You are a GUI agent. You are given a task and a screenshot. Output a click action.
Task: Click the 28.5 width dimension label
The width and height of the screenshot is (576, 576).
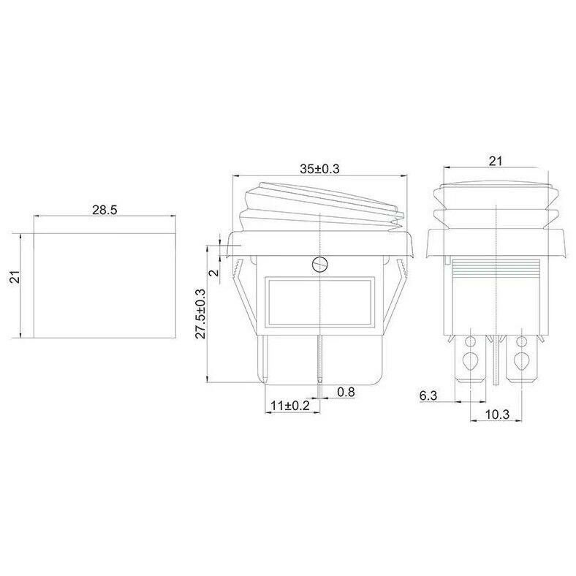pyautogui.click(x=105, y=210)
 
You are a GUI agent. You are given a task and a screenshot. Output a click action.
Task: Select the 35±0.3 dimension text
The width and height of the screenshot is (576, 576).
pyautogui.click(x=319, y=169)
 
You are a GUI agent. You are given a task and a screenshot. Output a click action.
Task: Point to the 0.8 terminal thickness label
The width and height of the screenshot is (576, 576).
pyautogui.click(x=346, y=392)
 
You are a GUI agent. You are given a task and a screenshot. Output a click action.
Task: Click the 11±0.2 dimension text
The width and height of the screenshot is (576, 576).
pyautogui.click(x=290, y=406)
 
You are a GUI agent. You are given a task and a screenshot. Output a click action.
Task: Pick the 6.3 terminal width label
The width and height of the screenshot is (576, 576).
pyautogui.click(x=428, y=395)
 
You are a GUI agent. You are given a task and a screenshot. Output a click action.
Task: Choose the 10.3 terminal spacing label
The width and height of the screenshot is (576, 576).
pyautogui.click(x=497, y=414)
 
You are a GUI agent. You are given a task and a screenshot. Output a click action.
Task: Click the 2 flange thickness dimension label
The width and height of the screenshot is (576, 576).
pyautogui.click(x=213, y=273)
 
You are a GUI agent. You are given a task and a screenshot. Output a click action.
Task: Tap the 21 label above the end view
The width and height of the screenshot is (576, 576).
pyautogui.click(x=495, y=161)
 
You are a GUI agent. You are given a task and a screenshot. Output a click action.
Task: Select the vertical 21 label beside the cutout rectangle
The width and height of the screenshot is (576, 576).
pyautogui.click(x=15, y=277)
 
